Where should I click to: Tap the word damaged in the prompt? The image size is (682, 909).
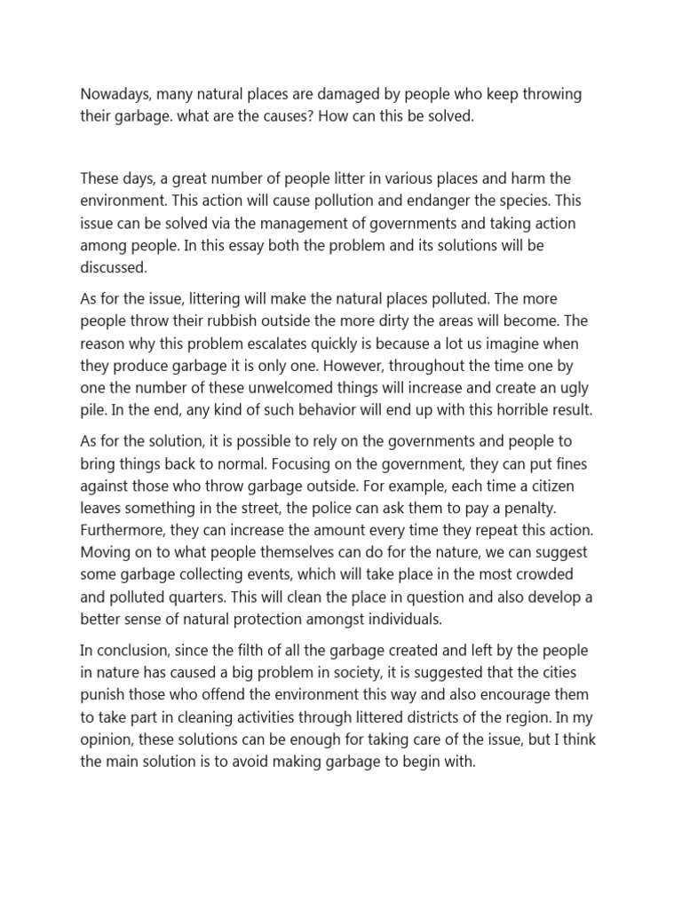361,95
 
